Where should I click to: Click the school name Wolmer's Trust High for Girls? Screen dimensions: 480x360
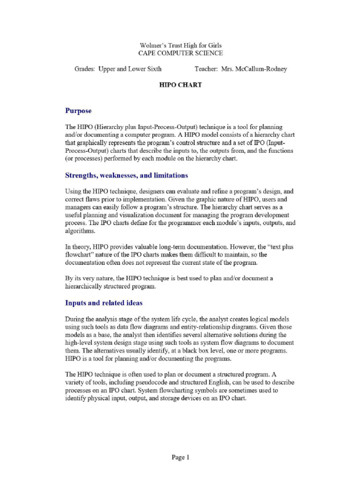pos(180,45)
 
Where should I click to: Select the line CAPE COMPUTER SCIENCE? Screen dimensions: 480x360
pos(180,53)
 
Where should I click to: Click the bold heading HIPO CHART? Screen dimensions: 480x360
pos(180,85)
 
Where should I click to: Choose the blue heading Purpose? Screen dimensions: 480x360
pos(78,111)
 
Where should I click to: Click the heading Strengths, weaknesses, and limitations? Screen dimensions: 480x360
pos(127,175)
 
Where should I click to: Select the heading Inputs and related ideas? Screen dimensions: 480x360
pos(104,303)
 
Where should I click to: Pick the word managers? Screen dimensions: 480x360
pos(78,208)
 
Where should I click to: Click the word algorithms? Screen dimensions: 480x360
pos(80,231)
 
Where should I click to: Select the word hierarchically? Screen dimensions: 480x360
pos(88,286)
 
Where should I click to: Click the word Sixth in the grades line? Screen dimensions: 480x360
pos(152,69)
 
